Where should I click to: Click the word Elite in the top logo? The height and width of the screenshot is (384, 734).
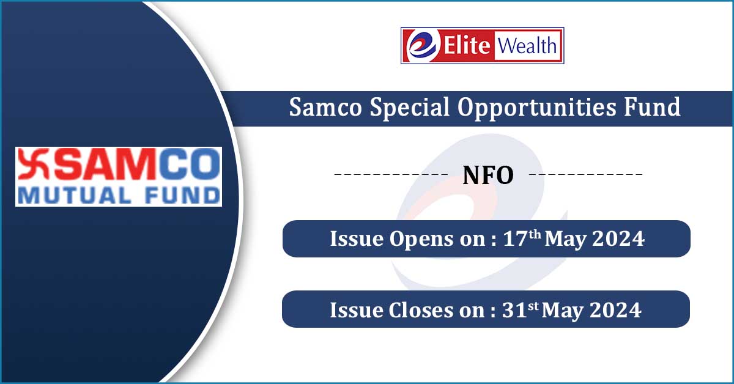pos(467,45)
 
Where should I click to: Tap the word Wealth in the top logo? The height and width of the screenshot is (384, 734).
pos(527,45)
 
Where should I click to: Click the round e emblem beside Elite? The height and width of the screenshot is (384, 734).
pos(423,45)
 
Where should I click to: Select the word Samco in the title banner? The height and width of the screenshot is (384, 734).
pos(325,107)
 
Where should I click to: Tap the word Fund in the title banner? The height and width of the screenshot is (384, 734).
pos(652,106)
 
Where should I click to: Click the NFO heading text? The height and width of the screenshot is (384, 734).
pos(488,175)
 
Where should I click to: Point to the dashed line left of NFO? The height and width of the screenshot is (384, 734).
pos(391,174)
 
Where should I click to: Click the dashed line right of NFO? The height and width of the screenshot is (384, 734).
pos(585,174)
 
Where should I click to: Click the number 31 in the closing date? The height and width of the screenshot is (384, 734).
pos(514,309)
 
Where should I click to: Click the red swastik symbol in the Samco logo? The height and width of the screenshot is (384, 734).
pos(34,164)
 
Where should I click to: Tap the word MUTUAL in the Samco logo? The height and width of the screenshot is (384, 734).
pos(75,196)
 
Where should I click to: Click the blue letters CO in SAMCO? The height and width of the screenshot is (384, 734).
pos(190,164)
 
